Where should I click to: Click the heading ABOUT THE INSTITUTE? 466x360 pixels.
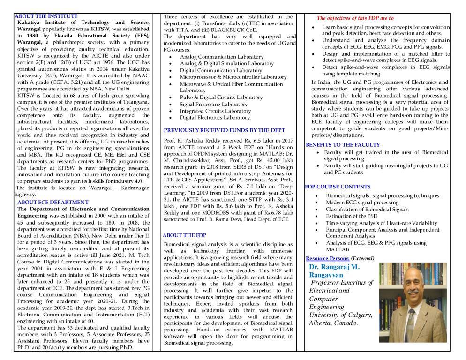(46, 16)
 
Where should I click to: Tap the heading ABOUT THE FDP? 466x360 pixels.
(185, 235)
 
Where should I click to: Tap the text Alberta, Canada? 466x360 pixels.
(333, 323)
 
